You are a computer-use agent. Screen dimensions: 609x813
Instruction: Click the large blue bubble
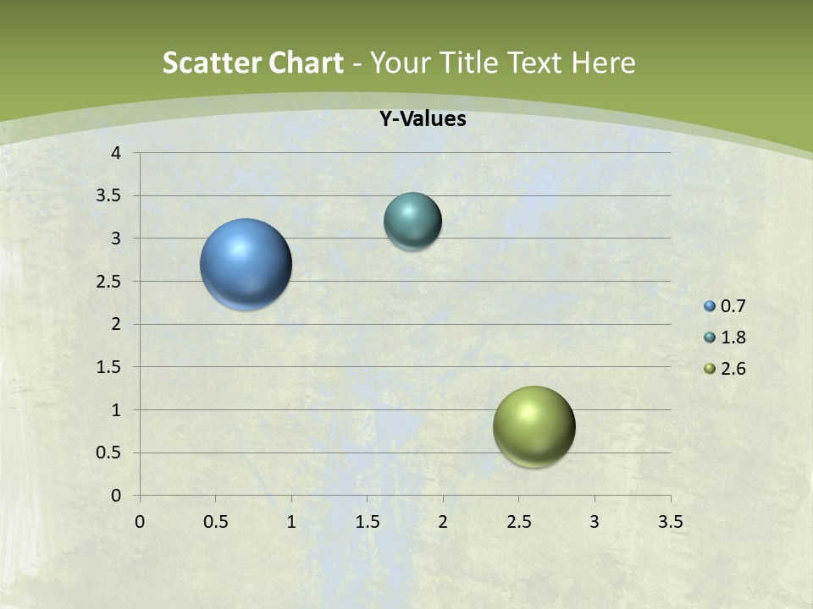246,264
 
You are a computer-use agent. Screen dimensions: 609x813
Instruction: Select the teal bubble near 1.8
412,221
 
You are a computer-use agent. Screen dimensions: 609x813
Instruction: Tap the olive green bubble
534,426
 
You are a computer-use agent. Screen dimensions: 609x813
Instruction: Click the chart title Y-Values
422,119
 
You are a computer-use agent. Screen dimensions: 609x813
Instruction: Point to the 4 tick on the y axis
117,153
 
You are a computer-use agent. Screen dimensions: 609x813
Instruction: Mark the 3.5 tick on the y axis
111,195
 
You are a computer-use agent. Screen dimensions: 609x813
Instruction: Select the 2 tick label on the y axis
117,324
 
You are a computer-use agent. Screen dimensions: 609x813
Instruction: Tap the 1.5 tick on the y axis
111,367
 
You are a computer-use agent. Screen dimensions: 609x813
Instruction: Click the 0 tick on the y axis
117,496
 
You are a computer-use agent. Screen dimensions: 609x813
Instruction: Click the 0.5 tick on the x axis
215,522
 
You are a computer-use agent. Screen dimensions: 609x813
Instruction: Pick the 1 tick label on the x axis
291,522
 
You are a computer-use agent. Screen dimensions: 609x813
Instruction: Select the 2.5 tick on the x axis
518,522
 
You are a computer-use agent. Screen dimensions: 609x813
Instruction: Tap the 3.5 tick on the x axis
670,522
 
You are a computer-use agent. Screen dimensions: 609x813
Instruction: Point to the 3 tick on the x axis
595,522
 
